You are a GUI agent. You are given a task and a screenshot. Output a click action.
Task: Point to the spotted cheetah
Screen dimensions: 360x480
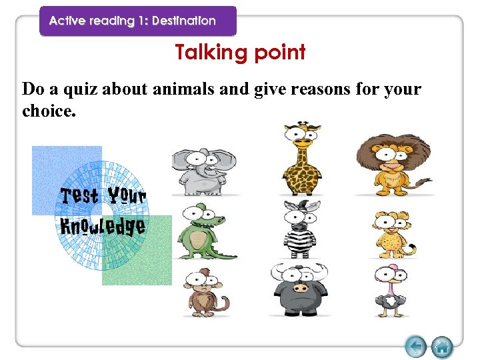391,234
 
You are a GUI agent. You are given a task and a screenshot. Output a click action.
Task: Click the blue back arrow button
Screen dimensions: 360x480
416,347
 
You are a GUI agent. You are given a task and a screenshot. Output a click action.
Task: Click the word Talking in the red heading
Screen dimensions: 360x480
209,52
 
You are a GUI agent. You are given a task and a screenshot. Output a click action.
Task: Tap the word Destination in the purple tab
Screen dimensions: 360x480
183,21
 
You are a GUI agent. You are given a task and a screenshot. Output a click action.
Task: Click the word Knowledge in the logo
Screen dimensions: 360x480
103,226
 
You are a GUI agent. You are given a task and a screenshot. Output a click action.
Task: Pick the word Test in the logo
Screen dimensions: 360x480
79,195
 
